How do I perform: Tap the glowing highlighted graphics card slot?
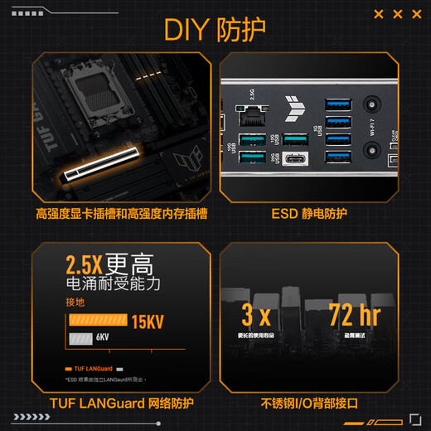109,169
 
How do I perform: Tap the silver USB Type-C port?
295,159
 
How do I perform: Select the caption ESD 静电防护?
309,214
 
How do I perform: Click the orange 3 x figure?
256,316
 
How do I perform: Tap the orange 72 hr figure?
354,316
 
